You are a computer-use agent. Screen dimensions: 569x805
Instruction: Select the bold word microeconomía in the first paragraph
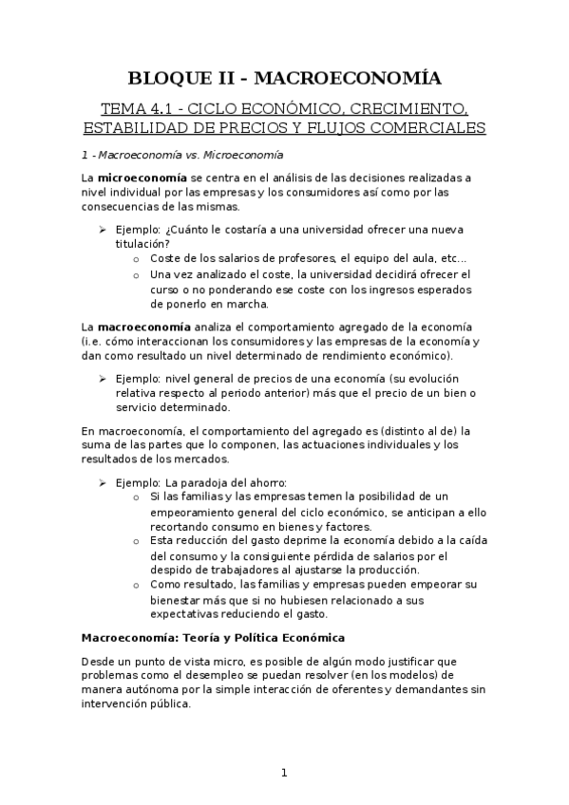[x=141, y=178]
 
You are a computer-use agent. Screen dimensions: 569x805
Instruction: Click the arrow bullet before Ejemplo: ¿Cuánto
[x=104, y=227]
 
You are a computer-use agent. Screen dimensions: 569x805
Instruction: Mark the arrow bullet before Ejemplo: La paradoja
[x=104, y=482]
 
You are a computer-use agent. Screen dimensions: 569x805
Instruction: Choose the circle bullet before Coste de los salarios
[x=138, y=258]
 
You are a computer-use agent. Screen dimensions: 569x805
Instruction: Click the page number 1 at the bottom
[x=284, y=773]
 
